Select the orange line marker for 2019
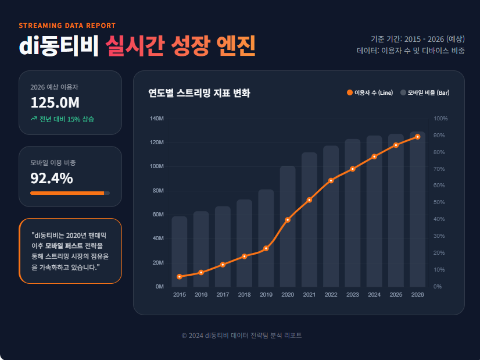pos(266,248)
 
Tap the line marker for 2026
pos(418,137)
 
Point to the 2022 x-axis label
pos(331,295)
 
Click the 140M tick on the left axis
pos(157,119)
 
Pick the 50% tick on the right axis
pos(440,202)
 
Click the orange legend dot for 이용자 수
pos(350,93)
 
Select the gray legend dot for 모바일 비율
pos(403,93)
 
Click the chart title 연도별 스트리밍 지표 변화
pos(199,93)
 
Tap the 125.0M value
pos(55,103)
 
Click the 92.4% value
pos(52,179)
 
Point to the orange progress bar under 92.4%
pos(67,193)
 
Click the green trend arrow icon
pos(34,119)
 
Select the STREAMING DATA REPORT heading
pos(67,26)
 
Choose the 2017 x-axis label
pos(223,295)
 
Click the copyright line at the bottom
pos(241,336)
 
